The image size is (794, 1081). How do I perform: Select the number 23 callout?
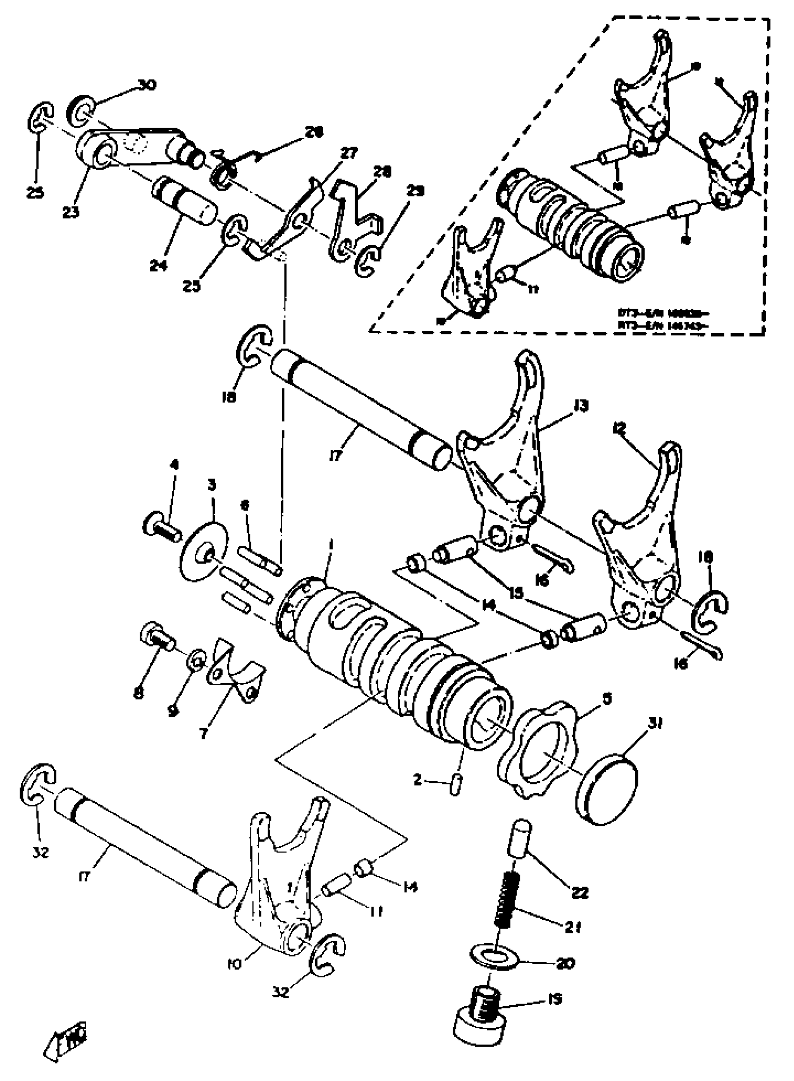71,212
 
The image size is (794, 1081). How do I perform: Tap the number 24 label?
158,265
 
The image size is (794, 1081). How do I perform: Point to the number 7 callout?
203,734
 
